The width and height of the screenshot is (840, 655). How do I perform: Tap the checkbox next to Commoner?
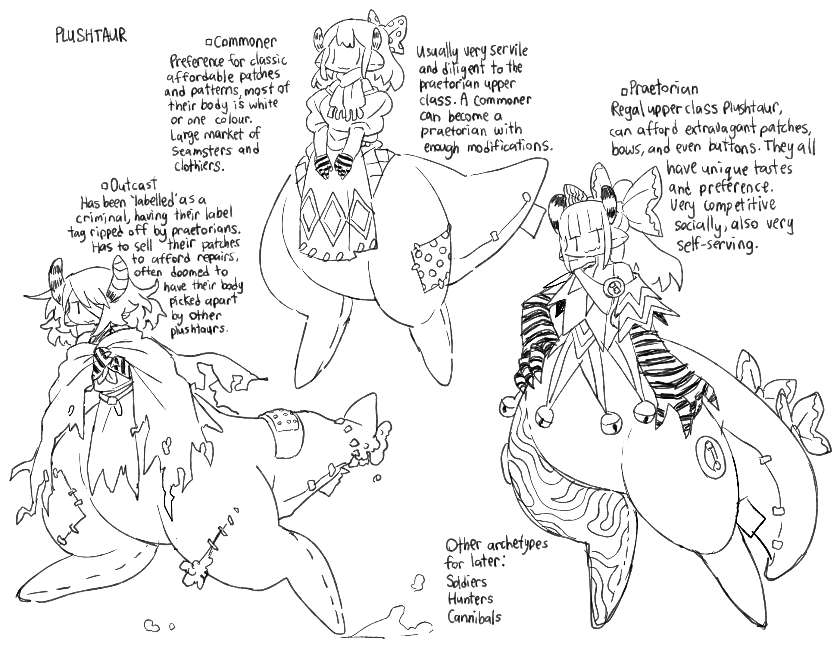pos(210,42)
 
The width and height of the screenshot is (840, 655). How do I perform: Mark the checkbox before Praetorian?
pos(624,91)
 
